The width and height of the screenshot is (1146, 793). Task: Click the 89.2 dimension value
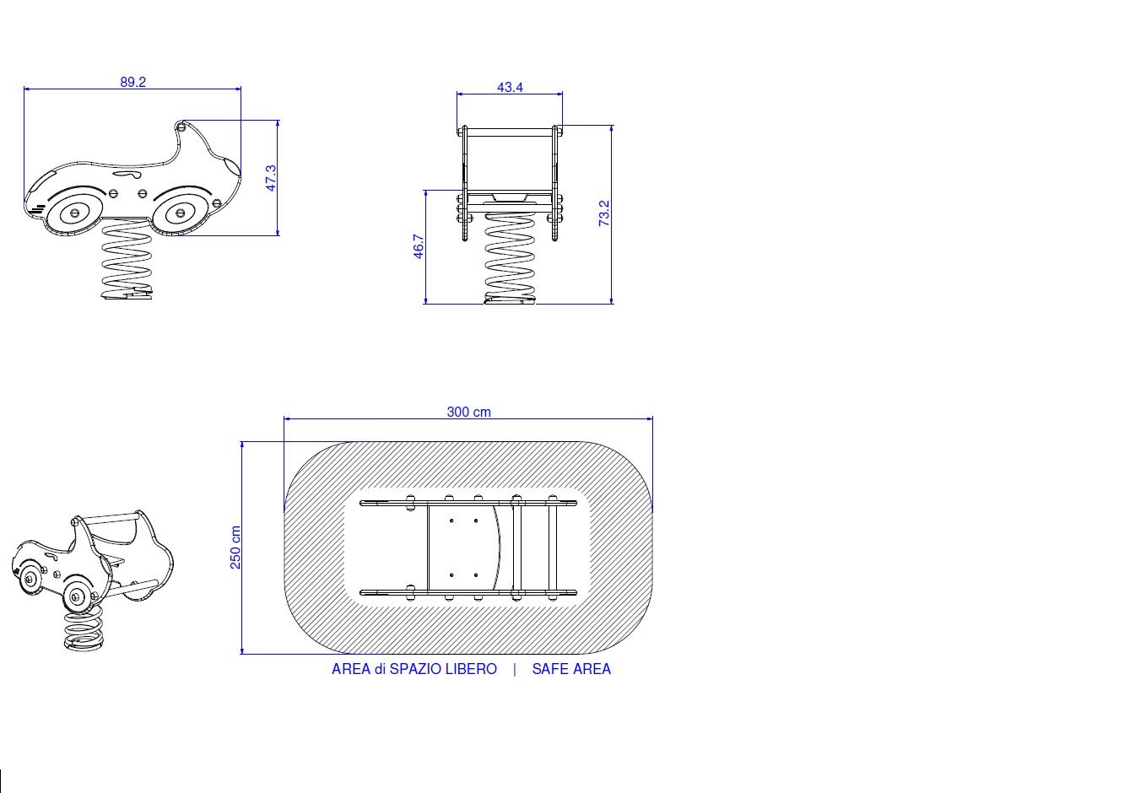pyautogui.click(x=133, y=82)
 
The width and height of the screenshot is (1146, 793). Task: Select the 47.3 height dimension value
pyautogui.click(x=271, y=178)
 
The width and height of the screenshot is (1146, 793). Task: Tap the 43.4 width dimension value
pyautogui.click(x=510, y=88)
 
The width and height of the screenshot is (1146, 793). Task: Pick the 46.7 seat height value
pyautogui.click(x=418, y=246)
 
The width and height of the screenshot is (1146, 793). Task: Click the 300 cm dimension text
pyautogui.click(x=468, y=412)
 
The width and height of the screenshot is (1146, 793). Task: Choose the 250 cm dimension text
pyautogui.click(x=235, y=548)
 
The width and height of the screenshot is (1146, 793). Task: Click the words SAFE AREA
pyautogui.click(x=571, y=669)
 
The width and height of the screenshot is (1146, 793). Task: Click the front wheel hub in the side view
pyautogui.click(x=75, y=213)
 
